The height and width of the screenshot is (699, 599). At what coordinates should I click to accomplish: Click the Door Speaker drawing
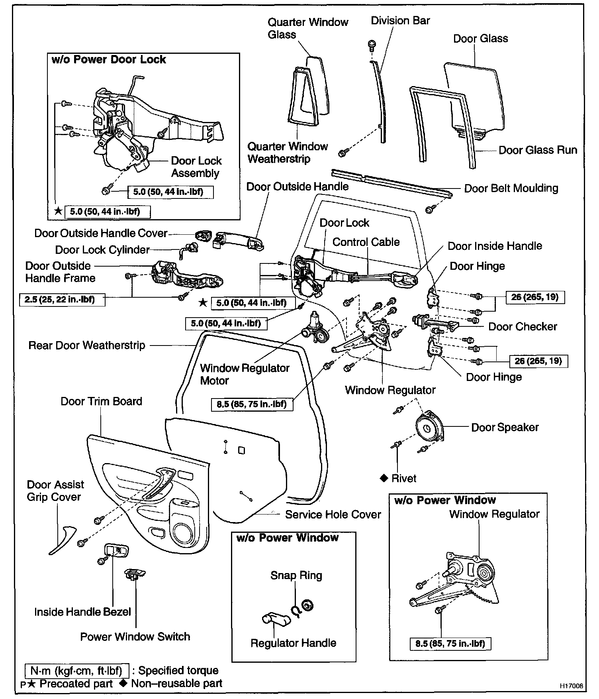click(429, 428)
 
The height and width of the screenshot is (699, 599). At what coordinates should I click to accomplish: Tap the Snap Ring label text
click(296, 575)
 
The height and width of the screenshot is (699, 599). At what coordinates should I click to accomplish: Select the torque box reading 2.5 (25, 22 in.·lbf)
click(62, 299)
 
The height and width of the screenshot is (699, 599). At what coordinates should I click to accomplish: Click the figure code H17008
click(571, 686)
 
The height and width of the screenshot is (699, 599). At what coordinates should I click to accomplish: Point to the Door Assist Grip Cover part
click(62, 540)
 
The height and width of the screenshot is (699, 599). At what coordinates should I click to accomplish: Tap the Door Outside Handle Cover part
click(203, 236)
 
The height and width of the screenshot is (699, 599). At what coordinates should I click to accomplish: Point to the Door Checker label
click(523, 326)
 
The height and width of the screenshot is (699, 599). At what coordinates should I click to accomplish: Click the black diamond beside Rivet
click(384, 478)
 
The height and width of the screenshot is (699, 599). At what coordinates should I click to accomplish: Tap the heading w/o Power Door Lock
click(109, 59)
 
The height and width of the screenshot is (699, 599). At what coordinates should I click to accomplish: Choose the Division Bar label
click(400, 20)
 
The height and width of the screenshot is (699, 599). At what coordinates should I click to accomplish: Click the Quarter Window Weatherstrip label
click(288, 153)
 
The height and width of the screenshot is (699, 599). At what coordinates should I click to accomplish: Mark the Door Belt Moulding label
click(511, 188)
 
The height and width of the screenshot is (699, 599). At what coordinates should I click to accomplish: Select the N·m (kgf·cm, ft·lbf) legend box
click(76, 670)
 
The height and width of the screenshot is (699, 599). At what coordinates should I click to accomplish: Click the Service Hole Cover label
click(333, 514)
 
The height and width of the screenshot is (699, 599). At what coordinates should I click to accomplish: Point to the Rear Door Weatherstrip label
click(87, 345)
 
